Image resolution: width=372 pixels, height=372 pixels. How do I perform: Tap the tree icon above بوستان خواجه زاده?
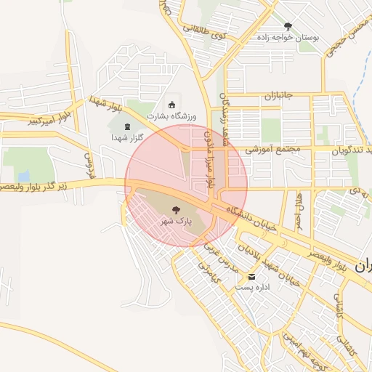coord(288,25)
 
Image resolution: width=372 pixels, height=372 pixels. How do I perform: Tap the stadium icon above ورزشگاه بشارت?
coord(171,104)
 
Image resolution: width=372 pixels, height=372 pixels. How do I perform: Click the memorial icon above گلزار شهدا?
coord(128,126)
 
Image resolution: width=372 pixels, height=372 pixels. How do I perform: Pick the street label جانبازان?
coord(278,96)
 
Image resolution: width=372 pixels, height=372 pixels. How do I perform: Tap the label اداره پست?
coord(252,288)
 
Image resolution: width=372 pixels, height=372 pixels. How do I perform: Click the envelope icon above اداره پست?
coord(252,277)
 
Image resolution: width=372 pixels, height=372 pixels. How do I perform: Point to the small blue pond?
coord(24,176)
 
